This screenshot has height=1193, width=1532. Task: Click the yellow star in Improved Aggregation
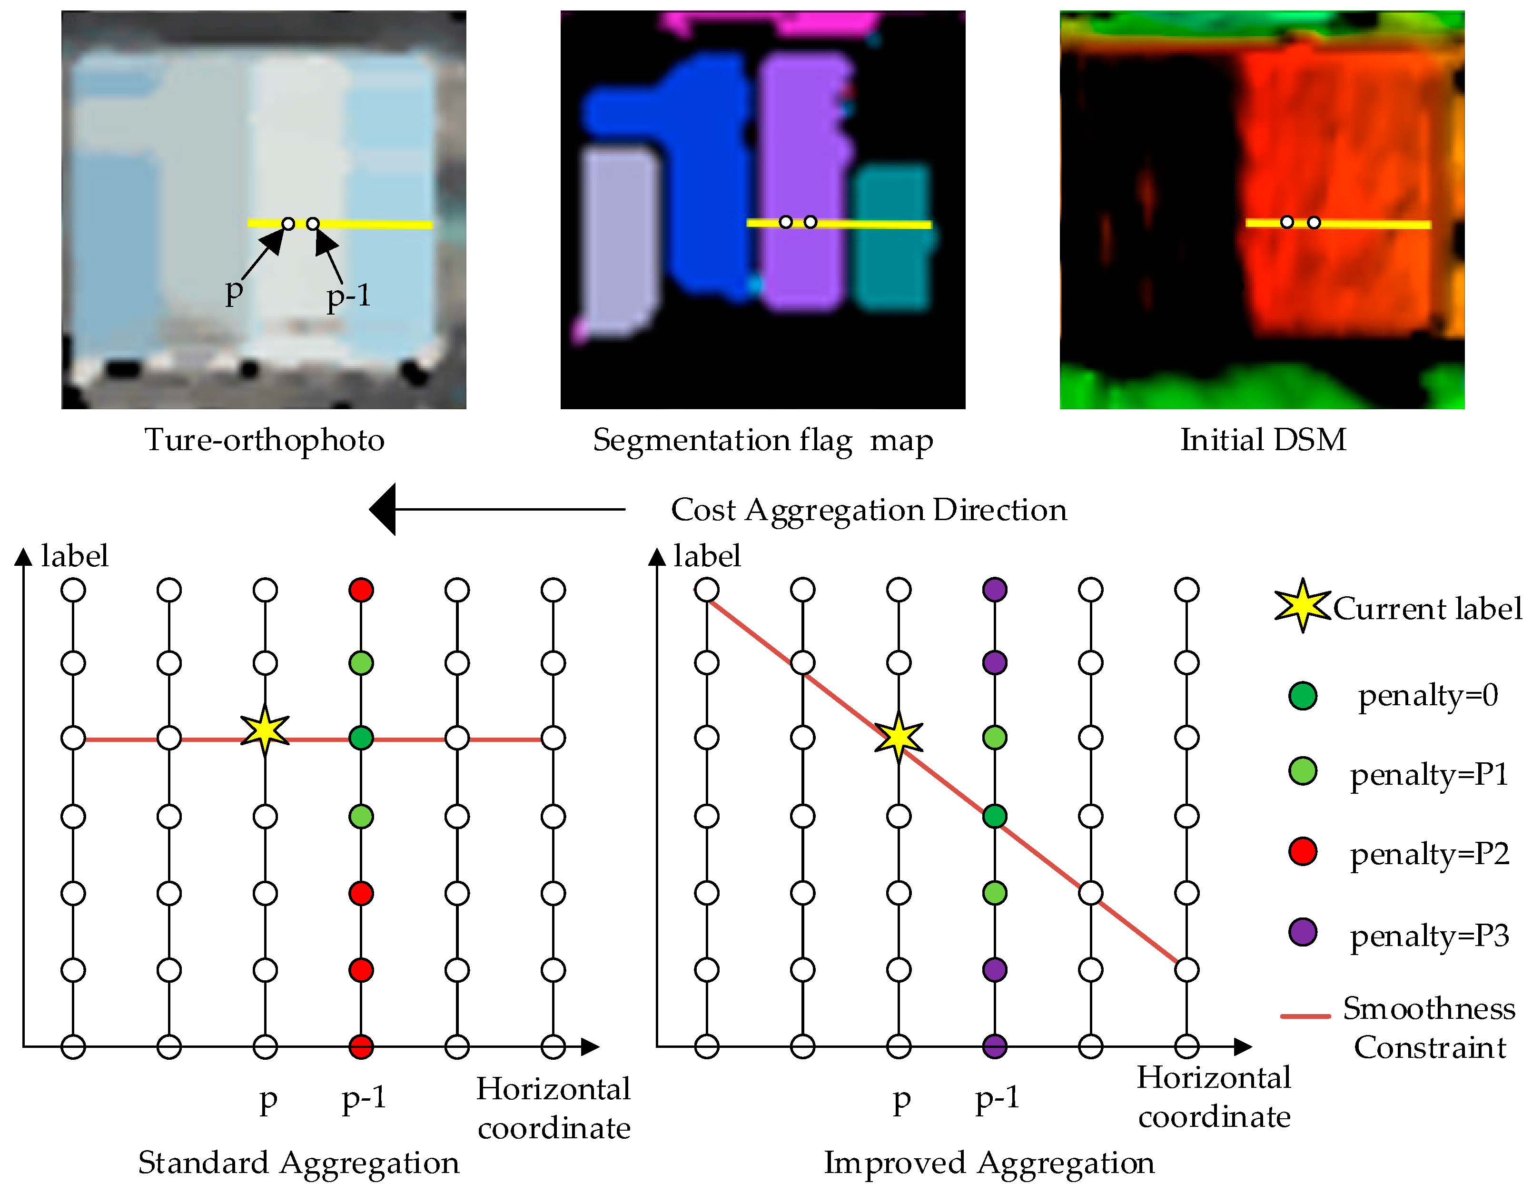899,737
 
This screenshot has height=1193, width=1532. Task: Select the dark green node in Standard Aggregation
361,738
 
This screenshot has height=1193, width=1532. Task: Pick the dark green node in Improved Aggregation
995,816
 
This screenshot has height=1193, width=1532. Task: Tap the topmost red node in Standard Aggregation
361,590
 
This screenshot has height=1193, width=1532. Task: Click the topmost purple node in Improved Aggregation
995,590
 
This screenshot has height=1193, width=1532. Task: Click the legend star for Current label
1302,606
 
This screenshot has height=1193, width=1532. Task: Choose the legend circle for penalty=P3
1303,932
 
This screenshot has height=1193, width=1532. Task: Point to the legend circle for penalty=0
1303,696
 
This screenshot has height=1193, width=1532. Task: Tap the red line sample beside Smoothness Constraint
1305,1016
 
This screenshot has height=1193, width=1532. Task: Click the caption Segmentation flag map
762,441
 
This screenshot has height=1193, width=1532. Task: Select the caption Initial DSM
1263,441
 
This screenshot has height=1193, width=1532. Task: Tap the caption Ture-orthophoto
265,441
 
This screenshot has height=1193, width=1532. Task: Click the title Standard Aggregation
298,1163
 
